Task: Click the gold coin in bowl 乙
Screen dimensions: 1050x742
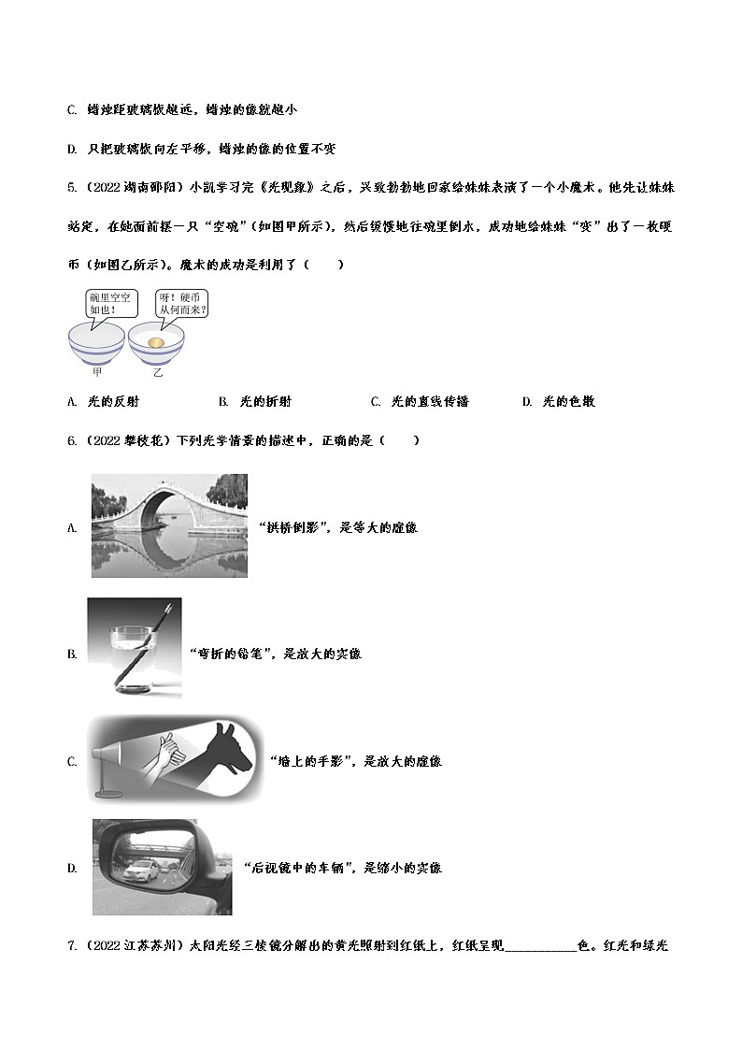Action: (157, 343)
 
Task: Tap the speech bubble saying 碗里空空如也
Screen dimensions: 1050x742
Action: (111, 303)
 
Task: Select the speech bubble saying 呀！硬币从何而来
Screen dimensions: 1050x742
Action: (181, 303)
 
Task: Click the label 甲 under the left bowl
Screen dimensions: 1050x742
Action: (96, 372)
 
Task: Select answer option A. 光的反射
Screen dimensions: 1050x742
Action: (104, 401)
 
